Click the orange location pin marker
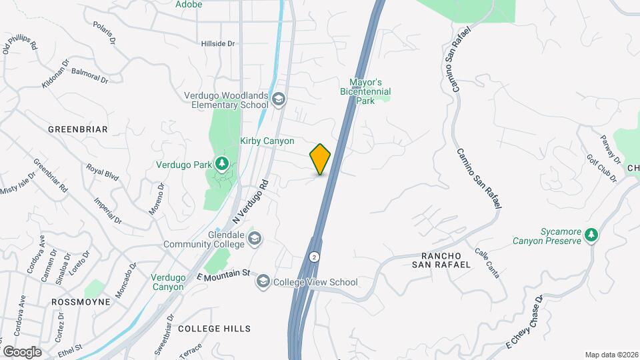[321, 159]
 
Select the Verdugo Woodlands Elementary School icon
[279, 101]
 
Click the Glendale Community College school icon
[254, 239]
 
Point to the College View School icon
[263, 282]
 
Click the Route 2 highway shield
[314, 257]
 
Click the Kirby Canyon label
[267, 141]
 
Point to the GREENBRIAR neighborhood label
[78, 129]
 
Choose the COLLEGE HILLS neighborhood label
[214, 329]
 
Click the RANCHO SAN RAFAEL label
[446, 260]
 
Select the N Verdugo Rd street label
[250, 201]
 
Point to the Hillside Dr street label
[218, 43]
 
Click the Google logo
[22, 351]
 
